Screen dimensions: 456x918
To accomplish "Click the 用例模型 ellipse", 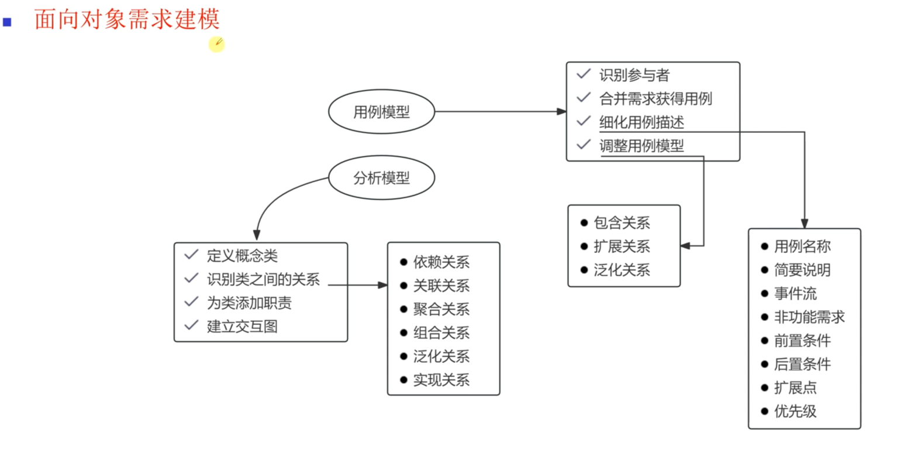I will (381, 112).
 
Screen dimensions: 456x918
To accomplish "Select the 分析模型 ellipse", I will (381, 178).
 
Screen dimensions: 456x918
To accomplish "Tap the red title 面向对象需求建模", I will (127, 19).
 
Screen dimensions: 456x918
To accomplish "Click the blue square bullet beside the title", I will (7, 22).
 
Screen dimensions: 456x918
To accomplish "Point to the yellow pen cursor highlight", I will (216, 44).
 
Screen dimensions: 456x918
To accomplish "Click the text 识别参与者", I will (634, 75).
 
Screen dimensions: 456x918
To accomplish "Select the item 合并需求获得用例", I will (655, 98).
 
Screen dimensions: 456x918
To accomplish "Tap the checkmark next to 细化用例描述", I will (584, 121).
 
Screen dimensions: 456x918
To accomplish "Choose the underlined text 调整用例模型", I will (641, 146).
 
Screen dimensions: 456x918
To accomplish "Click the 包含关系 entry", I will (622, 222).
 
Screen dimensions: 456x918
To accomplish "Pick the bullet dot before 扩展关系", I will (584, 246).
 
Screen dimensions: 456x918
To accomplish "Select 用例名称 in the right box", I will (802, 246).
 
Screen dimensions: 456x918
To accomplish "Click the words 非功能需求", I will (809, 317).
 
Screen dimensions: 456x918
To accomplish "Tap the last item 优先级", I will (795, 412).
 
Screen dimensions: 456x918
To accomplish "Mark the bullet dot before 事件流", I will (764, 294).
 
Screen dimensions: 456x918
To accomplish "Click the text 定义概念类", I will (242, 256).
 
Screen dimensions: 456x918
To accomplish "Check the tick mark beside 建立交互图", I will (191, 325).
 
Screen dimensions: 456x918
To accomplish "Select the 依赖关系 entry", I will (441, 262).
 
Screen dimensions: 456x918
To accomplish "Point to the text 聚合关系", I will (441, 309).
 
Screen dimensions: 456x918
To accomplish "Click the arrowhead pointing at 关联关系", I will (383, 285).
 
